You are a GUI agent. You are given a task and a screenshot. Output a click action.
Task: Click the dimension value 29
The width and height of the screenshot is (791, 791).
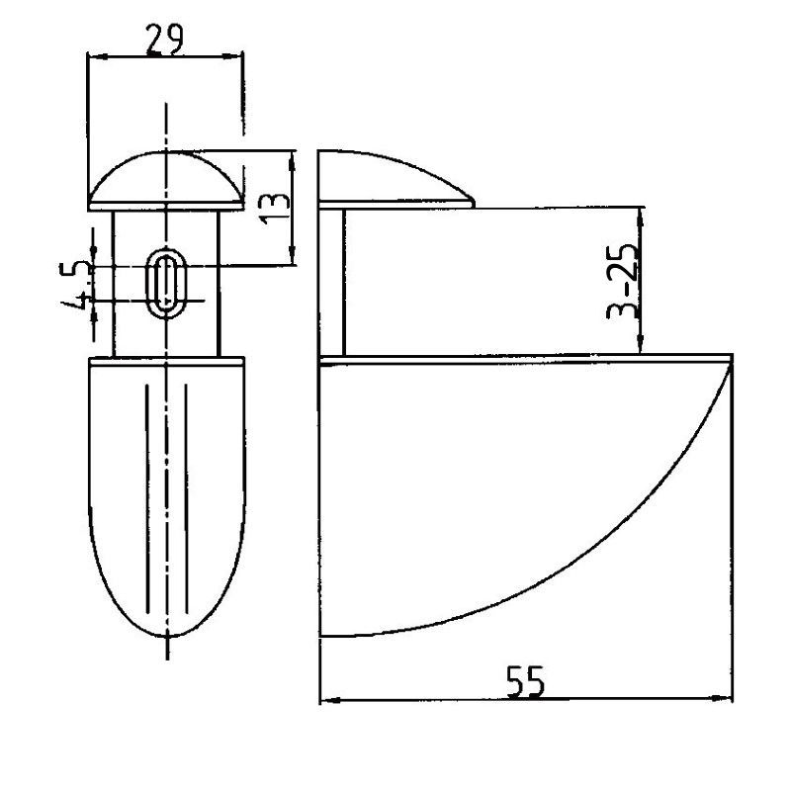[164, 40]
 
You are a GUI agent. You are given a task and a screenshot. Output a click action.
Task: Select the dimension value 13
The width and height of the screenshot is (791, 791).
[275, 209]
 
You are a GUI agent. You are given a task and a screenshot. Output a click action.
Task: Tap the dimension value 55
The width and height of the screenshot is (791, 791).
[526, 681]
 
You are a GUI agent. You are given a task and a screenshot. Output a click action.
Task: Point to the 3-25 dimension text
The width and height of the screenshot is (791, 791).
[622, 282]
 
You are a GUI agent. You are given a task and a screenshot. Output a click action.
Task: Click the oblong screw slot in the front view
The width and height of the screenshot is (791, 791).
[166, 283]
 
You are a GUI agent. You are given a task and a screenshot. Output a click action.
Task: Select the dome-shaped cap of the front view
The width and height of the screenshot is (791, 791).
[166, 181]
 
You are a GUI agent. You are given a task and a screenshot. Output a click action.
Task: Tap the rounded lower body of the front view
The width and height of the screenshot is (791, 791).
[166, 497]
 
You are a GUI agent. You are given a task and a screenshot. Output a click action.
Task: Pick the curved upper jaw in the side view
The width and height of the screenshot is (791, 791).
[396, 180]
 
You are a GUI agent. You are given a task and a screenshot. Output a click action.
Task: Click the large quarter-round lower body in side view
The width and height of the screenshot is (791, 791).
[525, 496]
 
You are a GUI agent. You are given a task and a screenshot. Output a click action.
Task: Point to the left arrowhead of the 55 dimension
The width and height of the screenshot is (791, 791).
[328, 700]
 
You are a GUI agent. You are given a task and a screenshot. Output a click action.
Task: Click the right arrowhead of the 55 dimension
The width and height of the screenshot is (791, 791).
[725, 699]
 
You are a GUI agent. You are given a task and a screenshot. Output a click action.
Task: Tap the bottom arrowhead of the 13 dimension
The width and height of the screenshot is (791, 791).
[292, 257]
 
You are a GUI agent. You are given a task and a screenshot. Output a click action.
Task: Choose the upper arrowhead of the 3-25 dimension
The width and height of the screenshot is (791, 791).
[641, 217]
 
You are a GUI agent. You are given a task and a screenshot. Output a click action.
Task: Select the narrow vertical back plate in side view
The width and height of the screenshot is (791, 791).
[331, 283]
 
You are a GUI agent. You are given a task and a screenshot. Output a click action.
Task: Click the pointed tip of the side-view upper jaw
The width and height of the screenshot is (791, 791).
[475, 205]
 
